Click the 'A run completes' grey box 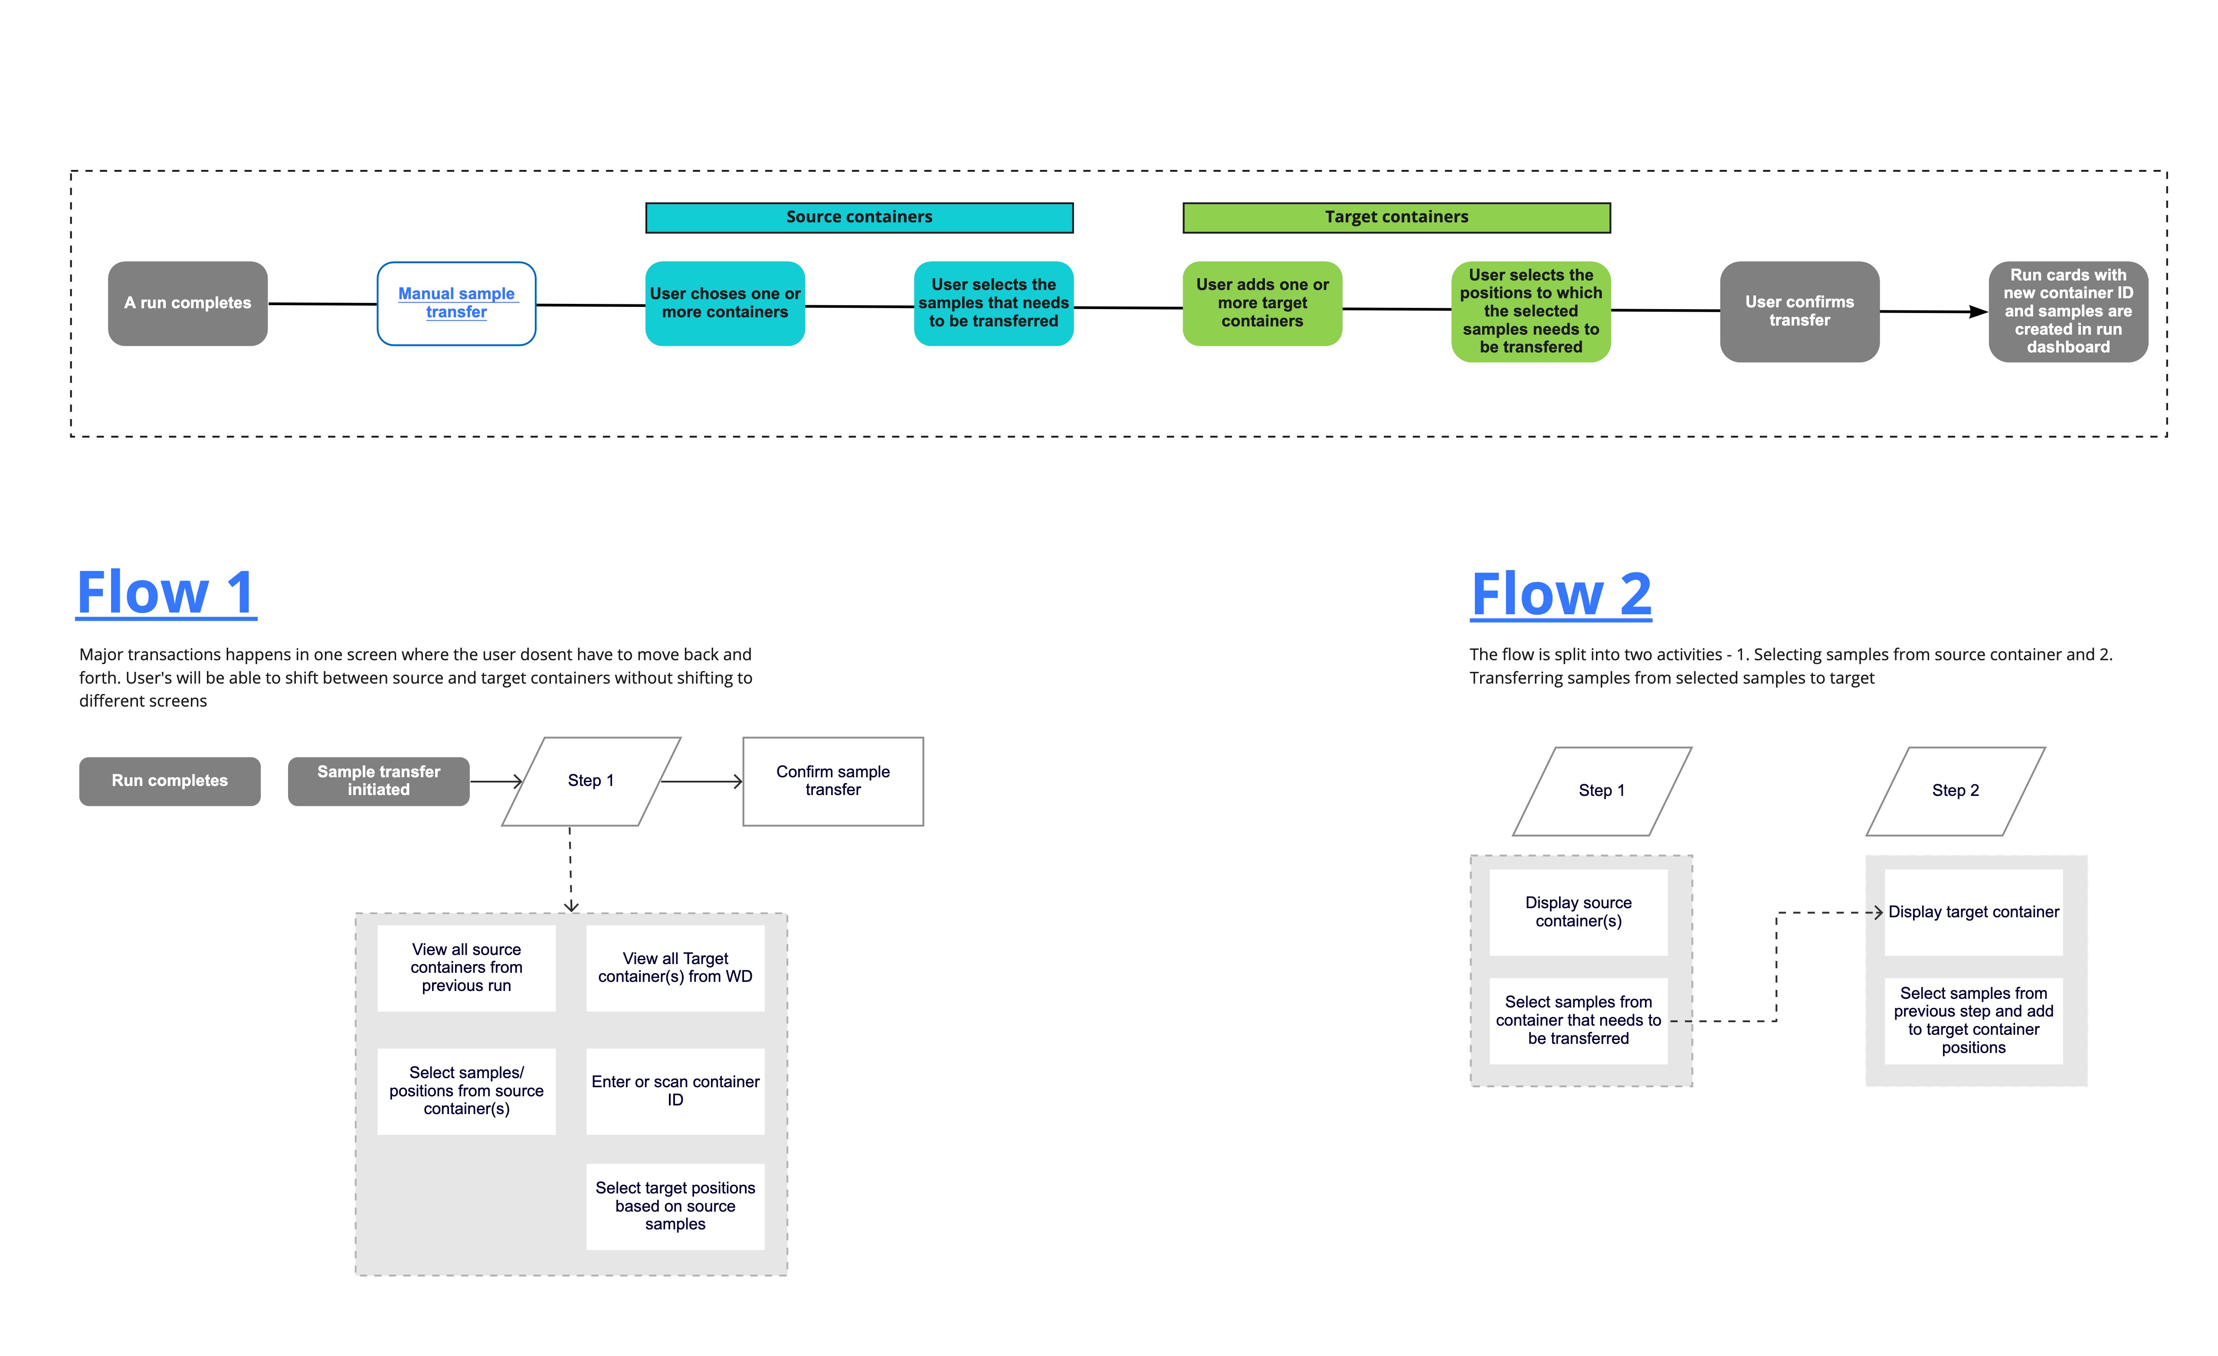tap(187, 303)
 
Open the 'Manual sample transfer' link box tap(456, 303)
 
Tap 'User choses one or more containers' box tap(724, 303)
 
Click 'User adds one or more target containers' tap(1262, 303)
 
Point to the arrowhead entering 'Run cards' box tap(1978, 312)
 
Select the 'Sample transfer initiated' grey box tap(378, 781)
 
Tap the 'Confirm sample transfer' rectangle tap(832, 781)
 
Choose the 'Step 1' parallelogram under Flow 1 tap(590, 781)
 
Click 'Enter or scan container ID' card tap(675, 1091)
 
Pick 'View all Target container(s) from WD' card tap(675, 967)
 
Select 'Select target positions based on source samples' tap(675, 1206)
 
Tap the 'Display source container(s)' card tap(1578, 912)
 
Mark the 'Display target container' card tap(1973, 912)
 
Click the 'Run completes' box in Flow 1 tap(169, 781)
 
